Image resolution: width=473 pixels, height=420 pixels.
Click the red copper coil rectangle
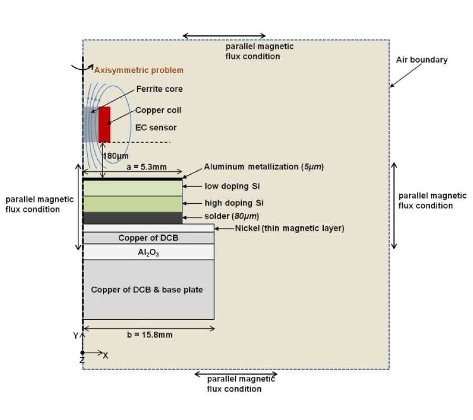coord(104,124)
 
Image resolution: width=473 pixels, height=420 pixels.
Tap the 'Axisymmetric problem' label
coord(139,70)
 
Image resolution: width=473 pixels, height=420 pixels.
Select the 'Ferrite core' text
coord(160,89)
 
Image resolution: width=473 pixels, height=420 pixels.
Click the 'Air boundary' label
coord(421,60)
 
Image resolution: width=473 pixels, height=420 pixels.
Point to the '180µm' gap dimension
coord(116,156)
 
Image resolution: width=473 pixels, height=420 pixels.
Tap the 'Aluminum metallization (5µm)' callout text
coord(264,167)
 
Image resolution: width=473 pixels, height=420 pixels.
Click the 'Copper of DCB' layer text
coord(148,238)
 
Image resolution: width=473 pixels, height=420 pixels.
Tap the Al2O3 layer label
coord(148,252)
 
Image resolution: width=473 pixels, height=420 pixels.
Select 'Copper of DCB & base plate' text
coord(147,290)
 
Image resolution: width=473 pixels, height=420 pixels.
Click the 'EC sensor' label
coord(156,128)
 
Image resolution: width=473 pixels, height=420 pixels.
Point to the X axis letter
coord(106,355)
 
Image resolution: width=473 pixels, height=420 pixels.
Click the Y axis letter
coord(76,335)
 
